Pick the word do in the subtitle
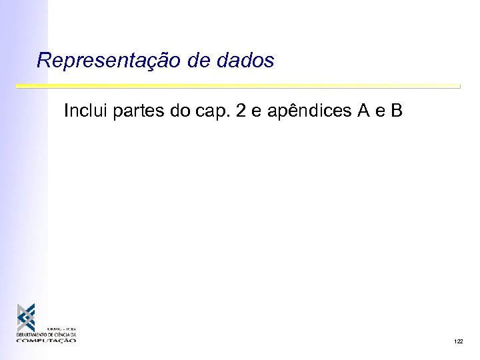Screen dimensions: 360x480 (179, 111)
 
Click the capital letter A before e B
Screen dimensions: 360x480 (364, 111)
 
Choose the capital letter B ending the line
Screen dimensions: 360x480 (397, 111)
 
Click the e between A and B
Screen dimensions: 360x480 (381, 111)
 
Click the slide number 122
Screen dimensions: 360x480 (458, 341)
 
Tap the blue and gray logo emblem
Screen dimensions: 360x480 (27, 318)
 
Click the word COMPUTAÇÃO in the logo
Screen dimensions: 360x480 (47, 340)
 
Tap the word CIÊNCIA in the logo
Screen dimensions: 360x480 (63, 335)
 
